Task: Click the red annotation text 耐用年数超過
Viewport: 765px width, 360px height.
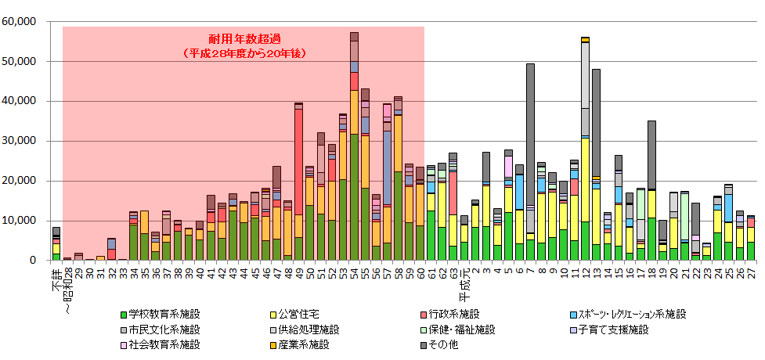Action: [243, 39]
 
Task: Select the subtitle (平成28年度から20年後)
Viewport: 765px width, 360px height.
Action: [243, 53]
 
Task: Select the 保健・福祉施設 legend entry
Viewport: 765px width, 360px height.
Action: [451, 329]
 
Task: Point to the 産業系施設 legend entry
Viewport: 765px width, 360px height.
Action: [306, 344]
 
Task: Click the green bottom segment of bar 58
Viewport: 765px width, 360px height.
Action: [399, 216]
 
